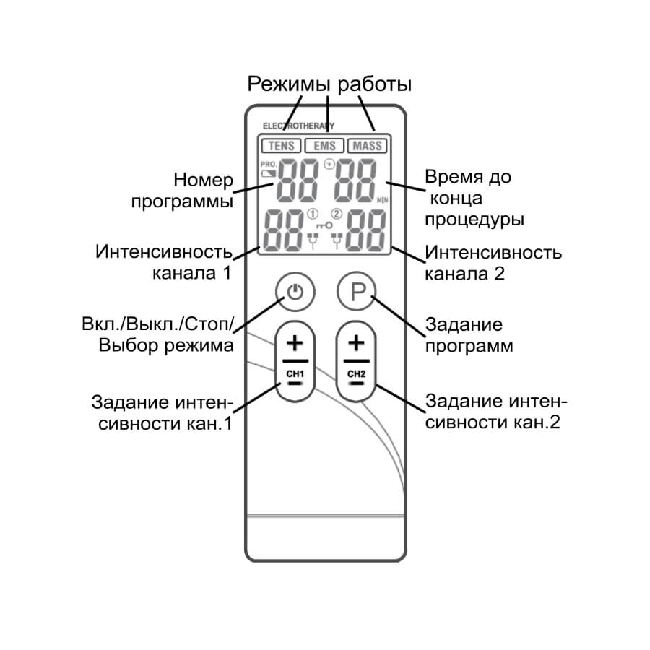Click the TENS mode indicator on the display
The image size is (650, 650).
point(281,145)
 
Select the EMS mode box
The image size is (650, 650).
point(324,145)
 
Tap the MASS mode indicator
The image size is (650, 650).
point(367,145)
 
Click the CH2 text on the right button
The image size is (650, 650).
point(356,373)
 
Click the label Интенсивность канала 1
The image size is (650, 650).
point(165,263)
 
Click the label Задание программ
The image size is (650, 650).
point(469,334)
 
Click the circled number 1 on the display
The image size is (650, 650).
point(313,213)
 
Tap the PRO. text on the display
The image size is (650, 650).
point(268,165)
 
